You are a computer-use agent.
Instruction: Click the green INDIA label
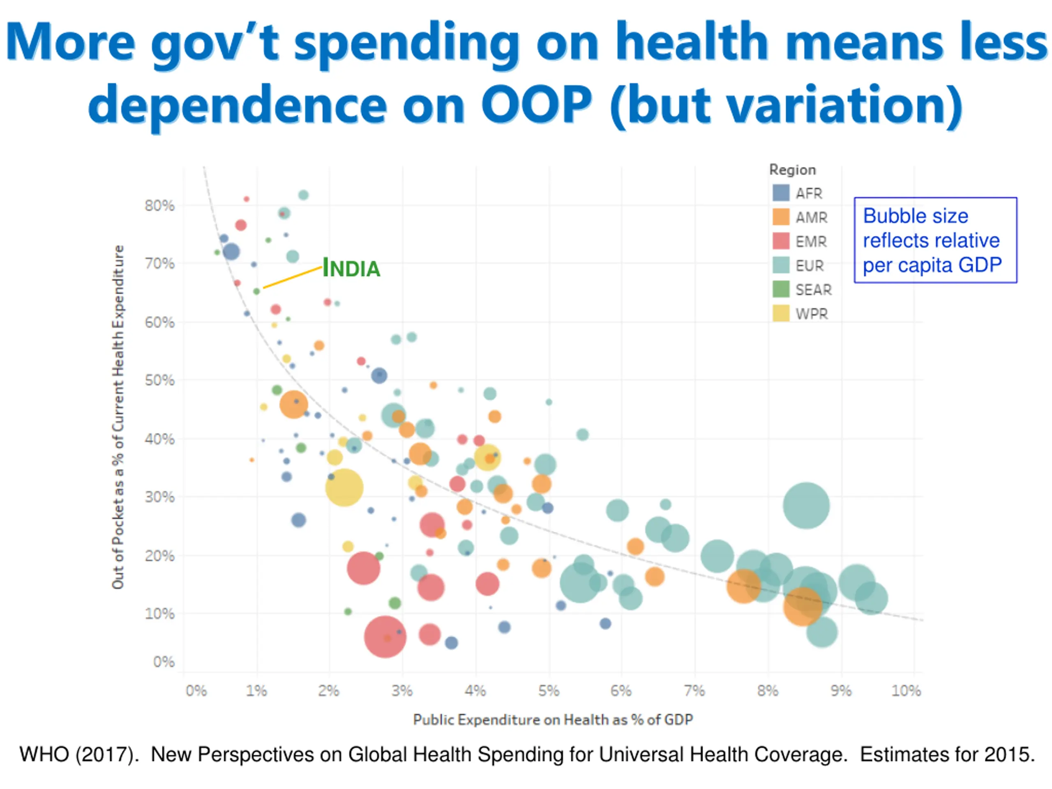tap(351, 268)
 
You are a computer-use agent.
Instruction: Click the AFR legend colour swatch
tap(781, 193)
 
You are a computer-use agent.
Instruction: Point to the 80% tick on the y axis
tap(160, 206)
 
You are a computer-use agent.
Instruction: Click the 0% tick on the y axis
tap(164, 662)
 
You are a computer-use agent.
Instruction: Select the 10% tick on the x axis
tap(906, 690)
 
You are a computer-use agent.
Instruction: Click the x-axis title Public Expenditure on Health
tap(553, 720)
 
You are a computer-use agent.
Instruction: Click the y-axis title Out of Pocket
tap(118, 417)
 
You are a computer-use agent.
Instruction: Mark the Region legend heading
tap(792, 170)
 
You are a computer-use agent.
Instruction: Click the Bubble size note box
tap(935, 240)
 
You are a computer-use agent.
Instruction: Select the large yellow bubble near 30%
tap(344, 487)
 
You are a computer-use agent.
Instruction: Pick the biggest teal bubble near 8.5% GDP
tap(806, 505)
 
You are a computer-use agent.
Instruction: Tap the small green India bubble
tap(256, 291)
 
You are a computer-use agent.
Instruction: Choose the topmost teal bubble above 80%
tap(303, 195)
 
